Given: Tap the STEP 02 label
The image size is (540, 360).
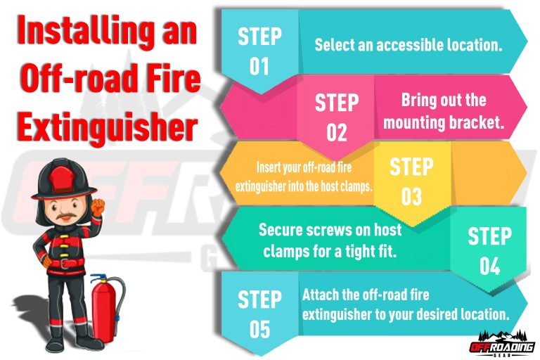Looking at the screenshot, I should tap(336, 117).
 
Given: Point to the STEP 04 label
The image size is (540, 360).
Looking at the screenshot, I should tap(489, 250).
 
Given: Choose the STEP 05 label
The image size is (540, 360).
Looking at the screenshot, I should tap(259, 314).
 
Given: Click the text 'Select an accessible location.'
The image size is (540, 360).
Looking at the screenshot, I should tap(408, 45).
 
